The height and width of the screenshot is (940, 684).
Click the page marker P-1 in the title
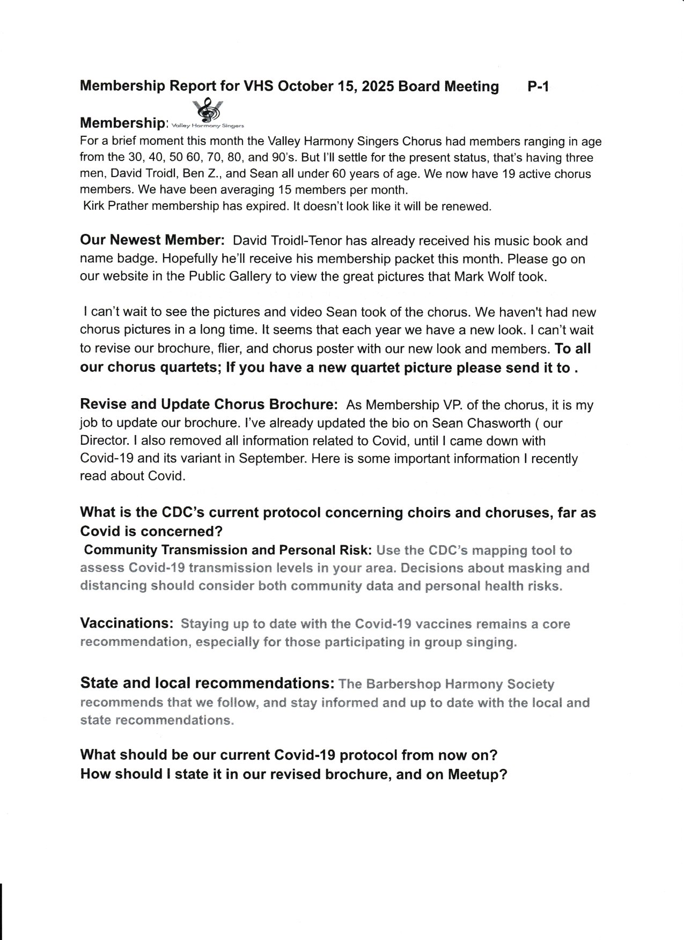pos(538,86)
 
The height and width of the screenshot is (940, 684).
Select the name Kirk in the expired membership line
pos(95,206)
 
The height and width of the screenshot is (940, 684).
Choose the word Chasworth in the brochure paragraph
pos(497,423)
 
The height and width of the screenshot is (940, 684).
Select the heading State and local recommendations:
pos(208,683)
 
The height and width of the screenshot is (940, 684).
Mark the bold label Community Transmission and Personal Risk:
pos(228,550)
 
